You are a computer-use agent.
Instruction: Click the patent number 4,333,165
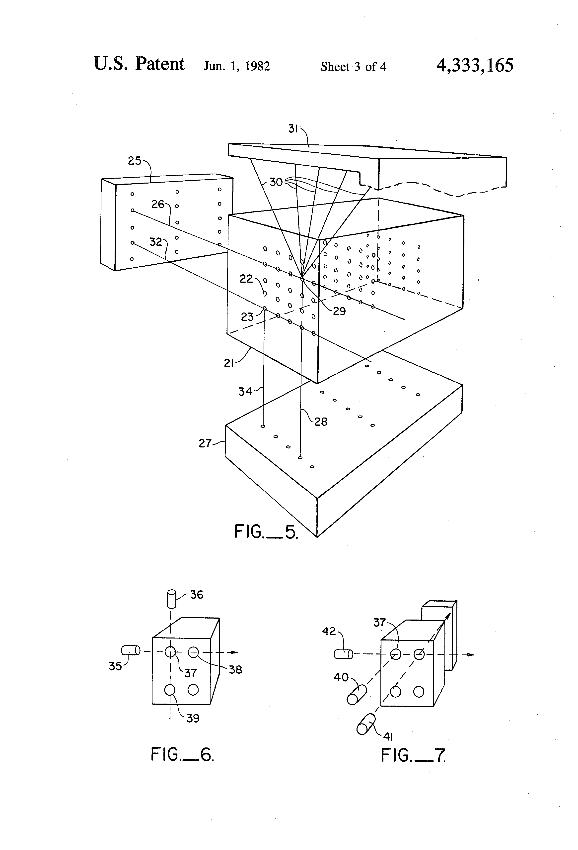click(475, 65)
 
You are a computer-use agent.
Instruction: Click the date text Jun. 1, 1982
click(237, 66)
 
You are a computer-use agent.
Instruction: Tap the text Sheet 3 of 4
click(353, 67)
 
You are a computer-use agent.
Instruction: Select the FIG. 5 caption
click(266, 532)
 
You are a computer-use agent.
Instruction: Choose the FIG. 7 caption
click(413, 755)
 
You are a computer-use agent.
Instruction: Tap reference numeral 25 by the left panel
click(135, 161)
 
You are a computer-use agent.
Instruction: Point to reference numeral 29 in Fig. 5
click(339, 311)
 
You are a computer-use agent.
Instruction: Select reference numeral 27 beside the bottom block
click(205, 444)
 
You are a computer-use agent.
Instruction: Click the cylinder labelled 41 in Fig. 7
click(366, 724)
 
